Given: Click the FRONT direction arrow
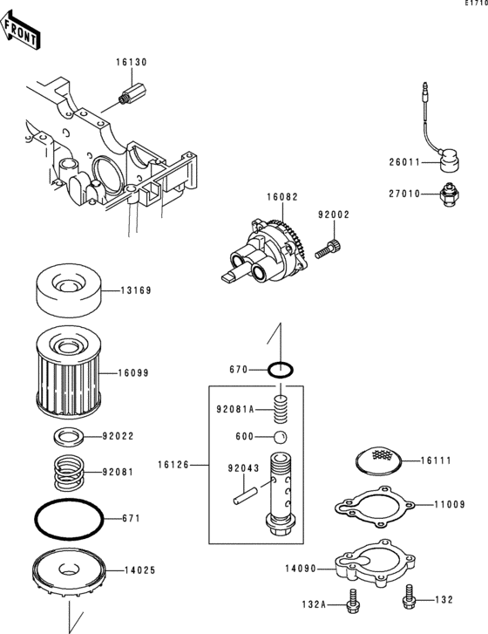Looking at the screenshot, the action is (20, 31).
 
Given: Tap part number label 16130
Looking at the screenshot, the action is (132, 62).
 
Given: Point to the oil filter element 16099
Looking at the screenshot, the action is (68, 372).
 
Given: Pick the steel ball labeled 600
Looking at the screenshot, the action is (280, 437).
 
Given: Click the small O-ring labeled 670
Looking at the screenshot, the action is (281, 370).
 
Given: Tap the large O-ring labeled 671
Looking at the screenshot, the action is (69, 519).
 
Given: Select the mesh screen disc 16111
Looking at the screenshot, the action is (379, 460).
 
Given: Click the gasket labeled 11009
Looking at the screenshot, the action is (375, 506).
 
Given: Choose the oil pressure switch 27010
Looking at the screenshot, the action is (450, 194).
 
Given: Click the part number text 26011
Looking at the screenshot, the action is (405, 162).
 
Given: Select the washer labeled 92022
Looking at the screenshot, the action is (68, 437).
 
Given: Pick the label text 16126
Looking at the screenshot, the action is (173, 465).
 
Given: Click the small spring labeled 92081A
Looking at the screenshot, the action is (280, 409).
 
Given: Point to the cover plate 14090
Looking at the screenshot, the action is (375, 562).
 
